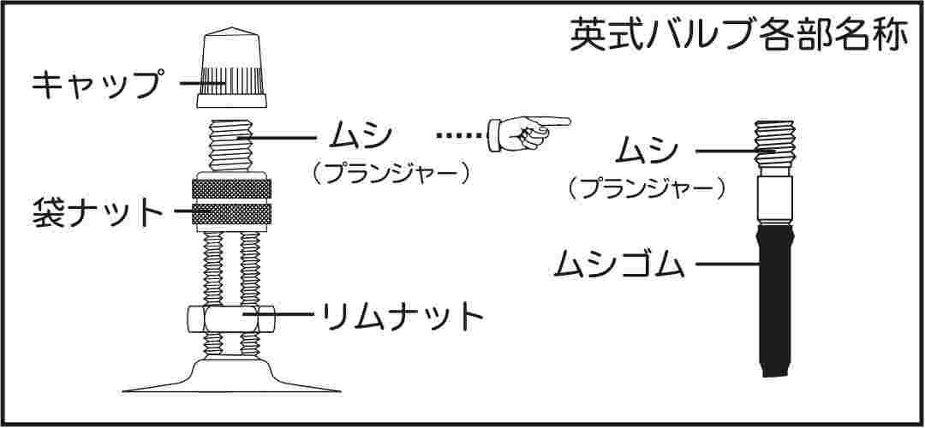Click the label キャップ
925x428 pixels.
(x=96, y=85)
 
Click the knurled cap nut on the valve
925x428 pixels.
(x=232, y=206)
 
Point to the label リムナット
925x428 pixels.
(x=401, y=316)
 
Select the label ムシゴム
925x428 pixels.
(x=619, y=264)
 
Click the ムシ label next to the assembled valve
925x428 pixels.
(x=362, y=135)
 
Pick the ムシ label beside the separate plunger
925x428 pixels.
(x=648, y=152)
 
